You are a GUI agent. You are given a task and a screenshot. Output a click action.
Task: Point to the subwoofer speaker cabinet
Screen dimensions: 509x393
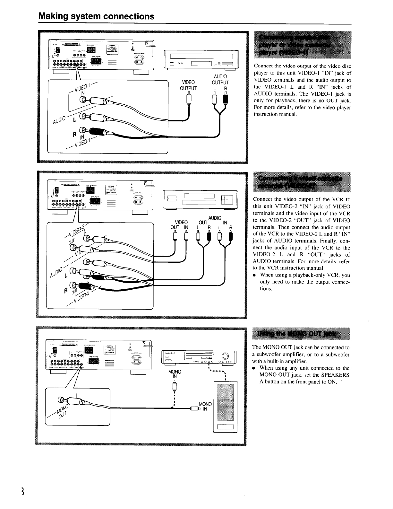click(x=225, y=407)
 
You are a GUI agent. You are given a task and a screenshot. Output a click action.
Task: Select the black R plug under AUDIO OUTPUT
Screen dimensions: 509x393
click(x=226, y=98)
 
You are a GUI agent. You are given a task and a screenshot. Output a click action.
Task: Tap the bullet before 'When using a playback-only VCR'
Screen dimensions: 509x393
click(x=254, y=275)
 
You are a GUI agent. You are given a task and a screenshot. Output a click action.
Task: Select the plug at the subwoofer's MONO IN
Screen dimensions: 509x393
click(x=194, y=409)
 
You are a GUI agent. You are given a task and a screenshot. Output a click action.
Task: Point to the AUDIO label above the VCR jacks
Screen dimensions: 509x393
click(x=215, y=218)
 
